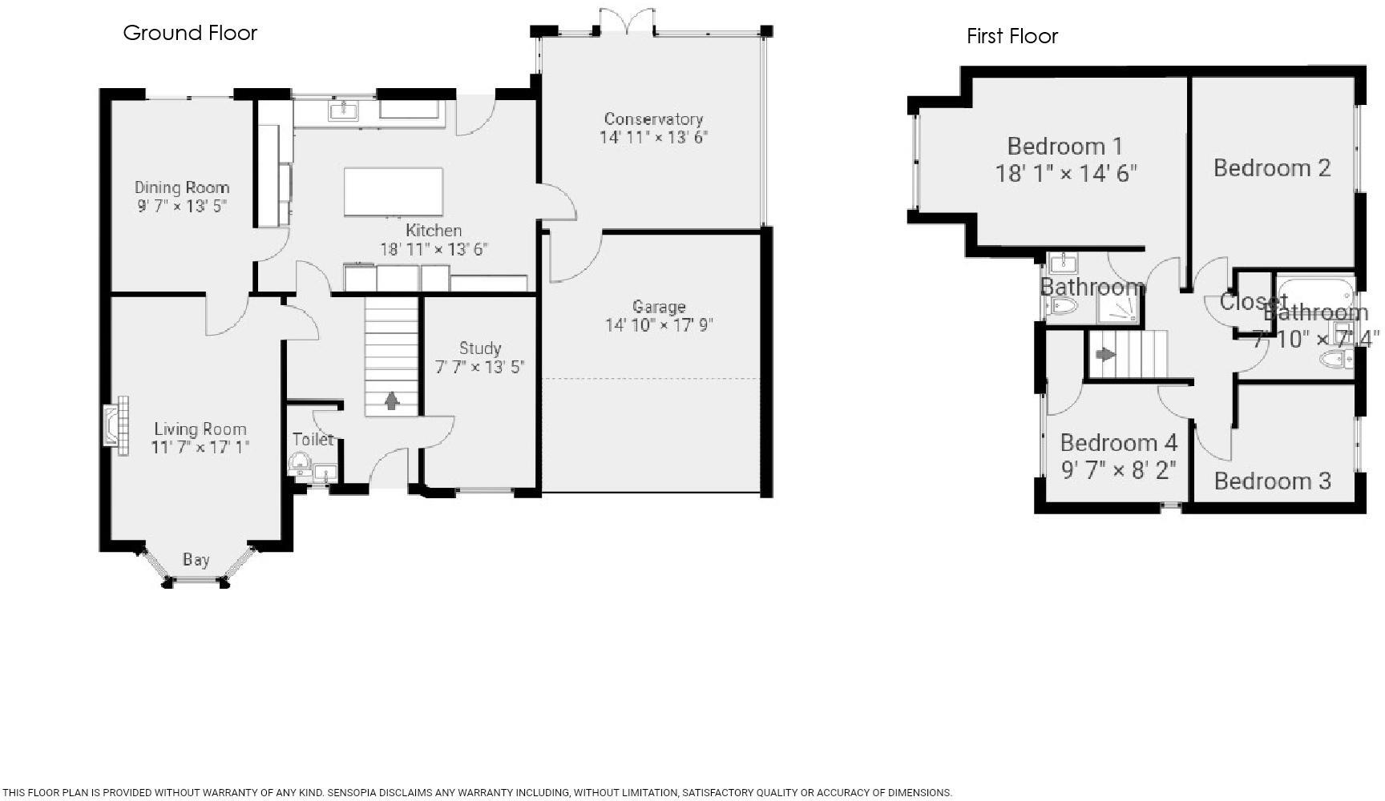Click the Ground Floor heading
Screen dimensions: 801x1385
(190, 33)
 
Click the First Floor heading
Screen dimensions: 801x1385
(1011, 36)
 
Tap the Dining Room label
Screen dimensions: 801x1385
(182, 187)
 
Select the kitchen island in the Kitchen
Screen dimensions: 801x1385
(393, 191)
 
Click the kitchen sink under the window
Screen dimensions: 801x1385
(344, 110)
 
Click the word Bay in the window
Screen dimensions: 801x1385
(196, 560)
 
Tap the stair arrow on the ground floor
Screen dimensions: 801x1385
(391, 400)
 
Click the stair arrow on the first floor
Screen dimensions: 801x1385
(1105, 354)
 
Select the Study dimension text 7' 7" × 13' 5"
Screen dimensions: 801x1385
(479, 367)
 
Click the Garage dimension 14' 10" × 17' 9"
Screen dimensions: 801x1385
(659, 324)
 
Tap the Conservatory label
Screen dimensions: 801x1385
(653, 119)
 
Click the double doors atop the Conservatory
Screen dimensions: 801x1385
(626, 21)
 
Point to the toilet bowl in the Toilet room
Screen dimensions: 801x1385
(299, 462)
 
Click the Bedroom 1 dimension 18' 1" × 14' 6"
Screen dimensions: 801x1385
(1065, 173)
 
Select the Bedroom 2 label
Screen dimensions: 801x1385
(1271, 168)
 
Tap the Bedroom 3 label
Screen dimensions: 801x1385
(1272, 481)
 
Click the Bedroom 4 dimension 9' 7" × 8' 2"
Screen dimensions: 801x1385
(1118, 469)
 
